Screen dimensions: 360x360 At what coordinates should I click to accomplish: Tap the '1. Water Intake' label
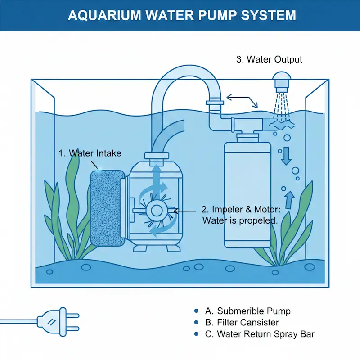click(x=90, y=153)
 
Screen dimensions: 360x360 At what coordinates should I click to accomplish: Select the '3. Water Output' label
click(x=269, y=59)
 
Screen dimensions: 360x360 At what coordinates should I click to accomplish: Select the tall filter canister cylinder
click(x=247, y=193)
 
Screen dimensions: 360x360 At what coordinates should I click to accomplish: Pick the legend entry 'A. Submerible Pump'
click(x=247, y=311)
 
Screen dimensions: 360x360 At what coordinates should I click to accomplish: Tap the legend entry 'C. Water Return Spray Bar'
click(x=259, y=334)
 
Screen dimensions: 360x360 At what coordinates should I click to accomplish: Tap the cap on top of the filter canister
click(x=247, y=135)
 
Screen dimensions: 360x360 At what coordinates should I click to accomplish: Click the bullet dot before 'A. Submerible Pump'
click(x=196, y=311)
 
